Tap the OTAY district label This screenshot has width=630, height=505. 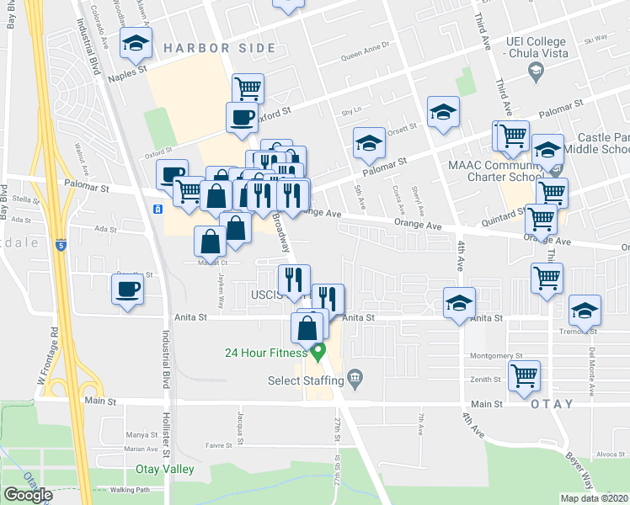click(553, 404)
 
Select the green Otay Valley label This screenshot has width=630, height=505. click(167, 469)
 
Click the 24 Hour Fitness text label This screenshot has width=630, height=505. click(265, 353)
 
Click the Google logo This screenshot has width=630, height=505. click(28, 495)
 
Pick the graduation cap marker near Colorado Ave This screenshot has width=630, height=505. click(135, 43)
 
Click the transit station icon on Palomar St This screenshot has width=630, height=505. click(157, 209)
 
